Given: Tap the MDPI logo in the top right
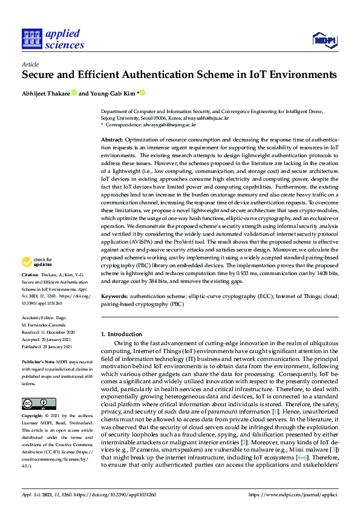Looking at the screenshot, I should (x=324, y=40).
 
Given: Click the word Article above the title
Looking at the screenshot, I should (x=30, y=63).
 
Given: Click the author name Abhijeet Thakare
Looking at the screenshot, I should (x=46, y=93).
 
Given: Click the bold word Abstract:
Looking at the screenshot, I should (x=112, y=140).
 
